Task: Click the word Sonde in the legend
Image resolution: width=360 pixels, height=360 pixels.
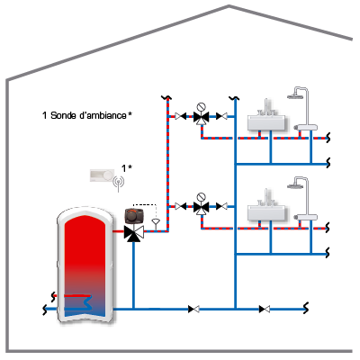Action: point(63,115)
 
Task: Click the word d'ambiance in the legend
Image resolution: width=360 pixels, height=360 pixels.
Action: point(103,115)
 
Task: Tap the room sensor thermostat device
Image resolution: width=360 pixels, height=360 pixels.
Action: point(103,175)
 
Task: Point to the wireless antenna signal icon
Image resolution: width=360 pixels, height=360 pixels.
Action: point(119,183)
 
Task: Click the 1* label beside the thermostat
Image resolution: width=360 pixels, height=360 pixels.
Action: point(127,168)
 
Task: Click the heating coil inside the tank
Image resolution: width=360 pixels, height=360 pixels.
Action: point(78,302)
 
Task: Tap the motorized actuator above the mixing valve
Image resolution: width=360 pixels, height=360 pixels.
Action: point(134,216)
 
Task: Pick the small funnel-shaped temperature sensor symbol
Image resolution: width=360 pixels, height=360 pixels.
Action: point(156,222)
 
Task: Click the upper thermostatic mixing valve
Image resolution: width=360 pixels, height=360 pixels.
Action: point(201,116)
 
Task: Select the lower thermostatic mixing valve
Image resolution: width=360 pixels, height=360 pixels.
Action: point(201,206)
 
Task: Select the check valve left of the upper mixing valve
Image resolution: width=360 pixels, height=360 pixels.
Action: point(181,116)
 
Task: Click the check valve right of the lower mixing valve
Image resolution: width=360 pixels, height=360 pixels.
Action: point(221,206)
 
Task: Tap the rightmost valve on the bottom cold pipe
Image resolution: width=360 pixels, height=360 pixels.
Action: point(265,309)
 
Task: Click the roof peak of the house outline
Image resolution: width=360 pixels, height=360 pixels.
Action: point(229,5)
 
